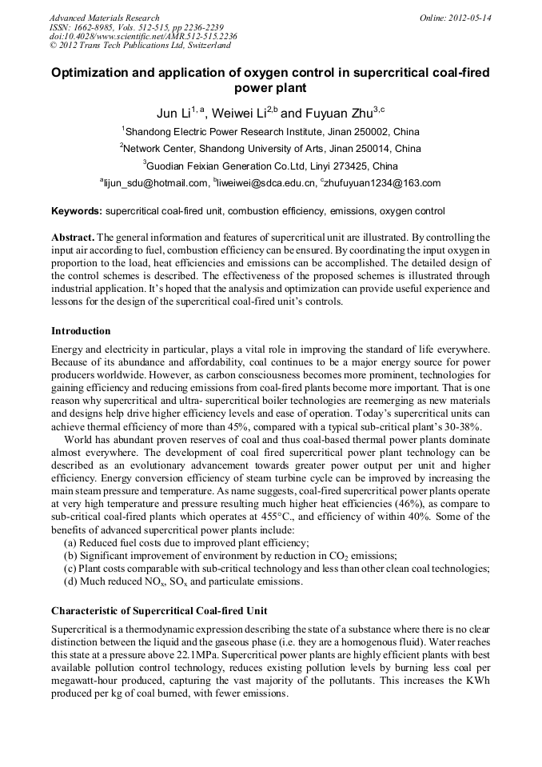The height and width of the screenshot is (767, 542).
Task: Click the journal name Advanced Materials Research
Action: coord(104,18)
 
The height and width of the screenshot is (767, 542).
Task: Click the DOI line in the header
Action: coord(143,37)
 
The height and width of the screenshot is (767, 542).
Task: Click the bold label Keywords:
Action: coord(77,211)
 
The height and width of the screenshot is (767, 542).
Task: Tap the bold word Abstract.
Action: coord(73,238)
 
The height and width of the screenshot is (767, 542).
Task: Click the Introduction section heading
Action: coord(81,331)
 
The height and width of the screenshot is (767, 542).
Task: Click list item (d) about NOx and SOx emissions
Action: coord(183,581)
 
